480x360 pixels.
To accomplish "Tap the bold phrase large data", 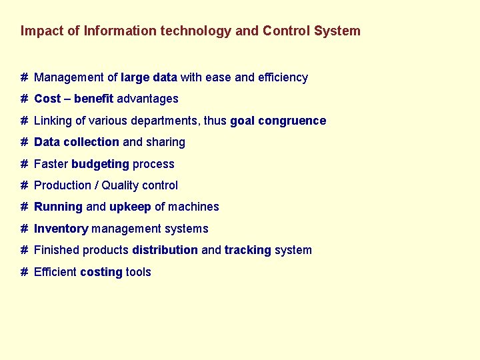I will click(x=149, y=77).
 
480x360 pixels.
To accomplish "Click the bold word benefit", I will click(x=94, y=99).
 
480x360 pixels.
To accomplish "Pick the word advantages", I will click(x=148, y=99).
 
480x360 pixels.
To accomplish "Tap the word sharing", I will click(x=166, y=142).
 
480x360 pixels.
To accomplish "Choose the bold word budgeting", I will click(x=100, y=164).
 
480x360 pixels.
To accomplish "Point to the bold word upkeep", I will click(x=130, y=207).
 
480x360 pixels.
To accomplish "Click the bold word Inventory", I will click(x=61, y=229).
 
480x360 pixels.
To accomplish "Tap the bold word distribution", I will click(x=165, y=250).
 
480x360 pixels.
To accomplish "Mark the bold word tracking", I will click(x=247, y=250).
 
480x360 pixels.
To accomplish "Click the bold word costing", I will click(x=101, y=272).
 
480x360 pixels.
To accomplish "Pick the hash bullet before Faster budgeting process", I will click(x=24, y=164).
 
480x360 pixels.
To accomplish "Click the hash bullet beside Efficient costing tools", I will click(x=24, y=272).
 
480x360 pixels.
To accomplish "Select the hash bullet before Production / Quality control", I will click(x=24, y=185).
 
